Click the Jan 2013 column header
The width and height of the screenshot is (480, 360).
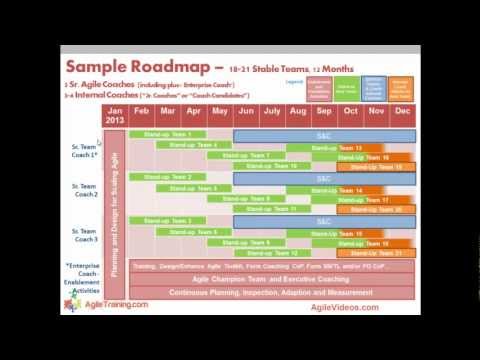pyautogui.click(x=114, y=113)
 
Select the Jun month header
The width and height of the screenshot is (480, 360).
pyautogui.click(x=245, y=113)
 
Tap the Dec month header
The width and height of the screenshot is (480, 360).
pyautogui.click(x=402, y=113)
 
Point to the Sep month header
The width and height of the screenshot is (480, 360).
pyautogui.click(x=324, y=113)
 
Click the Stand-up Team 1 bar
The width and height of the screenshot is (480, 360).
pyautogui.click(x=181, y=134)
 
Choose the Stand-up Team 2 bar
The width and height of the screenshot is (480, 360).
pyautogui.click(x=181, y=177)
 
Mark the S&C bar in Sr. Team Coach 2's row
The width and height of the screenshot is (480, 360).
pyautogui.click(x=324, y=178)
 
